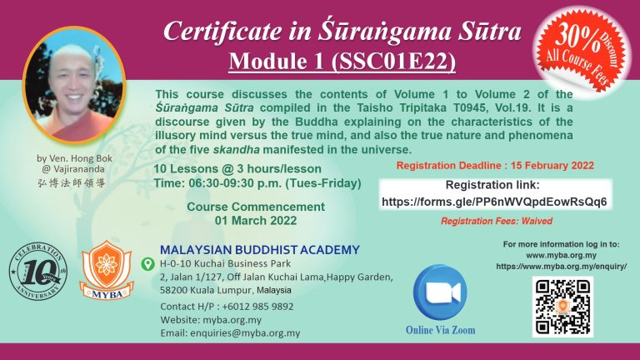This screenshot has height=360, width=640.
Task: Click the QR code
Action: tap(562, 307)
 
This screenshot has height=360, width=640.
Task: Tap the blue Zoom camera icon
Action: tap(440, 292)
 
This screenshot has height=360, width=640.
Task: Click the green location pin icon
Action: tap(147, 263)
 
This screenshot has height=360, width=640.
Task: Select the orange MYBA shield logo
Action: tap(107, 270)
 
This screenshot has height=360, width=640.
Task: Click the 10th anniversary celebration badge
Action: tap(38, 272)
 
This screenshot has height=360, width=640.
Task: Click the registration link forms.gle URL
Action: tap(494, 202)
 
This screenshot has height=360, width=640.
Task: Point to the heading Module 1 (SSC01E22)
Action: tap(342, 62)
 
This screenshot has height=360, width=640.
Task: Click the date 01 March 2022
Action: tap(256, 220)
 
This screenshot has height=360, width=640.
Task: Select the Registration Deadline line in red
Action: tap(495, 165)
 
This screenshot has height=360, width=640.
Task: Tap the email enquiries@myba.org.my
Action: tap(245, 332)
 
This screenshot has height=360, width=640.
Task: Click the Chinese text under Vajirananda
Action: tap(72, 182)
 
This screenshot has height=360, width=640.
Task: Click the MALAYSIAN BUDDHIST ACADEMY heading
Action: tap(260, 249)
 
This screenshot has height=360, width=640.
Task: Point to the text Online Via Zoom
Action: tap(440, 330)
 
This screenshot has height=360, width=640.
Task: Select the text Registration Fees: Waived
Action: tap(497, 221)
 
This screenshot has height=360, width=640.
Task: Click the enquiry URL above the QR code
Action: tap(561, 267)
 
